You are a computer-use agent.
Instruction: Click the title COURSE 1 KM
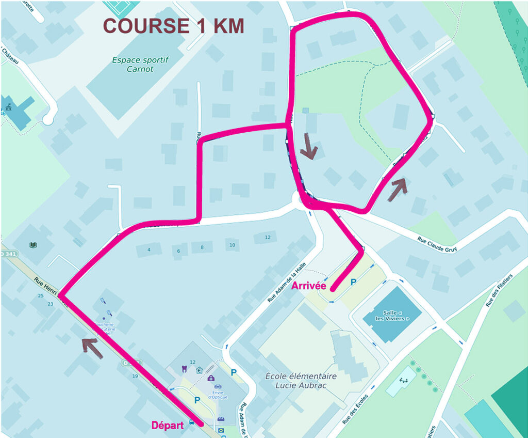tap(173, 26)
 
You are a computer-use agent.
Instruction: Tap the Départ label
tap(168, 426)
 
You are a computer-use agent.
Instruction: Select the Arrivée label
tap(309, 286)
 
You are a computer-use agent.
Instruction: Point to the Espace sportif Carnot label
tap(140, 64)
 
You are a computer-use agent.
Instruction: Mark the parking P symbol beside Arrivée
tap(353, 282)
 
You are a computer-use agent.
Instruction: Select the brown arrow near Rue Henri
tap(90, 345)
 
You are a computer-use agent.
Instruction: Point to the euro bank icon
tap(199, 370)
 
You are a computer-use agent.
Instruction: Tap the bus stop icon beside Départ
tap(191, 422)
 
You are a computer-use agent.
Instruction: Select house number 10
tap(232, 245)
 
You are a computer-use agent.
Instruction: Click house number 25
tap(40, 295)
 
